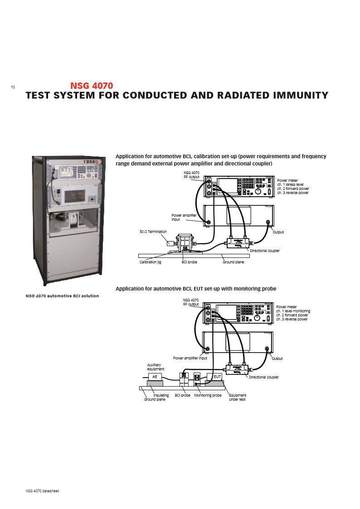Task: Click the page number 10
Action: point(13,87)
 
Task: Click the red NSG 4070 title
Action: point(92,85)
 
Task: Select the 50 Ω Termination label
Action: point(153,232)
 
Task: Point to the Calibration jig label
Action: point(150,262)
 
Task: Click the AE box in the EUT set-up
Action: point(155,377)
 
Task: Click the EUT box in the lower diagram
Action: point(217,377)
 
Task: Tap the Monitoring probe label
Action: point(208,395)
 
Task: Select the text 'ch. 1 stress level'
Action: point(292,184)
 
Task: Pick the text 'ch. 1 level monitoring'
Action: point(294,311)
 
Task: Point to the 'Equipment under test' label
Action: point(238,397)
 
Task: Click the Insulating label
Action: point(161,395)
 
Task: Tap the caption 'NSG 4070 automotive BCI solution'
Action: point(62,296)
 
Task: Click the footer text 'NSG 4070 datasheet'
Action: point(43,491)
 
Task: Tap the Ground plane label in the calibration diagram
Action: point(233,262)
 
